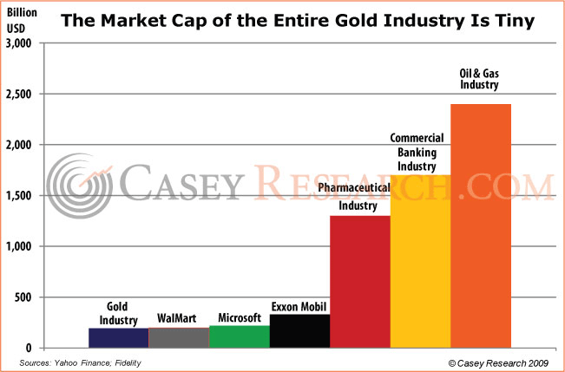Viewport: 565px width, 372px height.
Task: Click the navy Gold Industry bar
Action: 118,338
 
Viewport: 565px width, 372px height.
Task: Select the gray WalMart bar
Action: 179,338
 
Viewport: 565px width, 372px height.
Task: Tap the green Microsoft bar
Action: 240,336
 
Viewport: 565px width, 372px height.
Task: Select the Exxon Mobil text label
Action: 299,306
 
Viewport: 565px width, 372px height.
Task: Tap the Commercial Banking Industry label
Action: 417,152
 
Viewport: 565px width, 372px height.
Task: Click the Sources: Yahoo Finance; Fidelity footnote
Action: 82,362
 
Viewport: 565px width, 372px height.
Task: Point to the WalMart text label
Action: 179,318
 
